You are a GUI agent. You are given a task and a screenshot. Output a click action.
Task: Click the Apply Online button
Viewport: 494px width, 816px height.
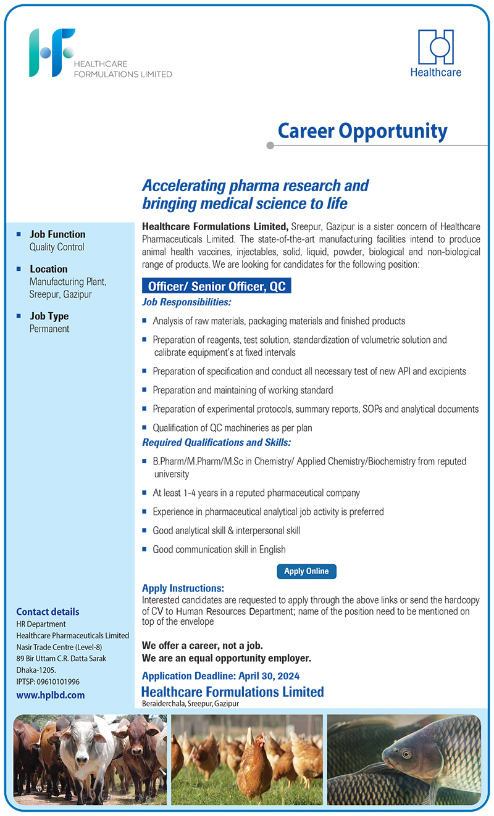coord(306,571)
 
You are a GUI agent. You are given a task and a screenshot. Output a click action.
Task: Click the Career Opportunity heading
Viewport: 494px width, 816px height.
coord(362,131)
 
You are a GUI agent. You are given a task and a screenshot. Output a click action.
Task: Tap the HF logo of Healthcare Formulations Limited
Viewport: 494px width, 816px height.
coord(52,52)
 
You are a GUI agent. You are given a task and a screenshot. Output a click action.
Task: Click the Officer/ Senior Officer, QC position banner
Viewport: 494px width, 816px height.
coord(216,286)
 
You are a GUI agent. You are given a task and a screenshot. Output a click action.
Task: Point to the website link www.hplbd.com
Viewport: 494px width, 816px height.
coord(51,694)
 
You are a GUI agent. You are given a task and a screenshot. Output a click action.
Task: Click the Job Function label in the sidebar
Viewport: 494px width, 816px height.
coord(57,234)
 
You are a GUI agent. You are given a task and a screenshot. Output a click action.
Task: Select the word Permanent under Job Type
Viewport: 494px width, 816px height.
coord(49,329)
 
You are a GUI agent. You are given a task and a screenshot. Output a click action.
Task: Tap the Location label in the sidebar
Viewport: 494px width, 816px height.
coord(49,269)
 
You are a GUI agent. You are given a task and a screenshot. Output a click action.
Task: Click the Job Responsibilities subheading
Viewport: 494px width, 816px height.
coord(186,302)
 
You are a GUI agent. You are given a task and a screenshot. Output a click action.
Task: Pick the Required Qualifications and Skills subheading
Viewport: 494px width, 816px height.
coord(216,442)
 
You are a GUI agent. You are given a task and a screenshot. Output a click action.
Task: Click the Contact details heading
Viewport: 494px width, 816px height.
coord(48,612)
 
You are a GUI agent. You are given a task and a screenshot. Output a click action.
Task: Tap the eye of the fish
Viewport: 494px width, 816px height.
coord(406,754)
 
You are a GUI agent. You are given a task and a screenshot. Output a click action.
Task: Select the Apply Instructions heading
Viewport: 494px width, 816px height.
coord(183,588)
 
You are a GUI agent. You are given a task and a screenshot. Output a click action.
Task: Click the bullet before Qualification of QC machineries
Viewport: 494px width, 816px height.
coord(144,427)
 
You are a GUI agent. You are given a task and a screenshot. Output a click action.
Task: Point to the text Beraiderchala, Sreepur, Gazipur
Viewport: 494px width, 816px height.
coord(190,703)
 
